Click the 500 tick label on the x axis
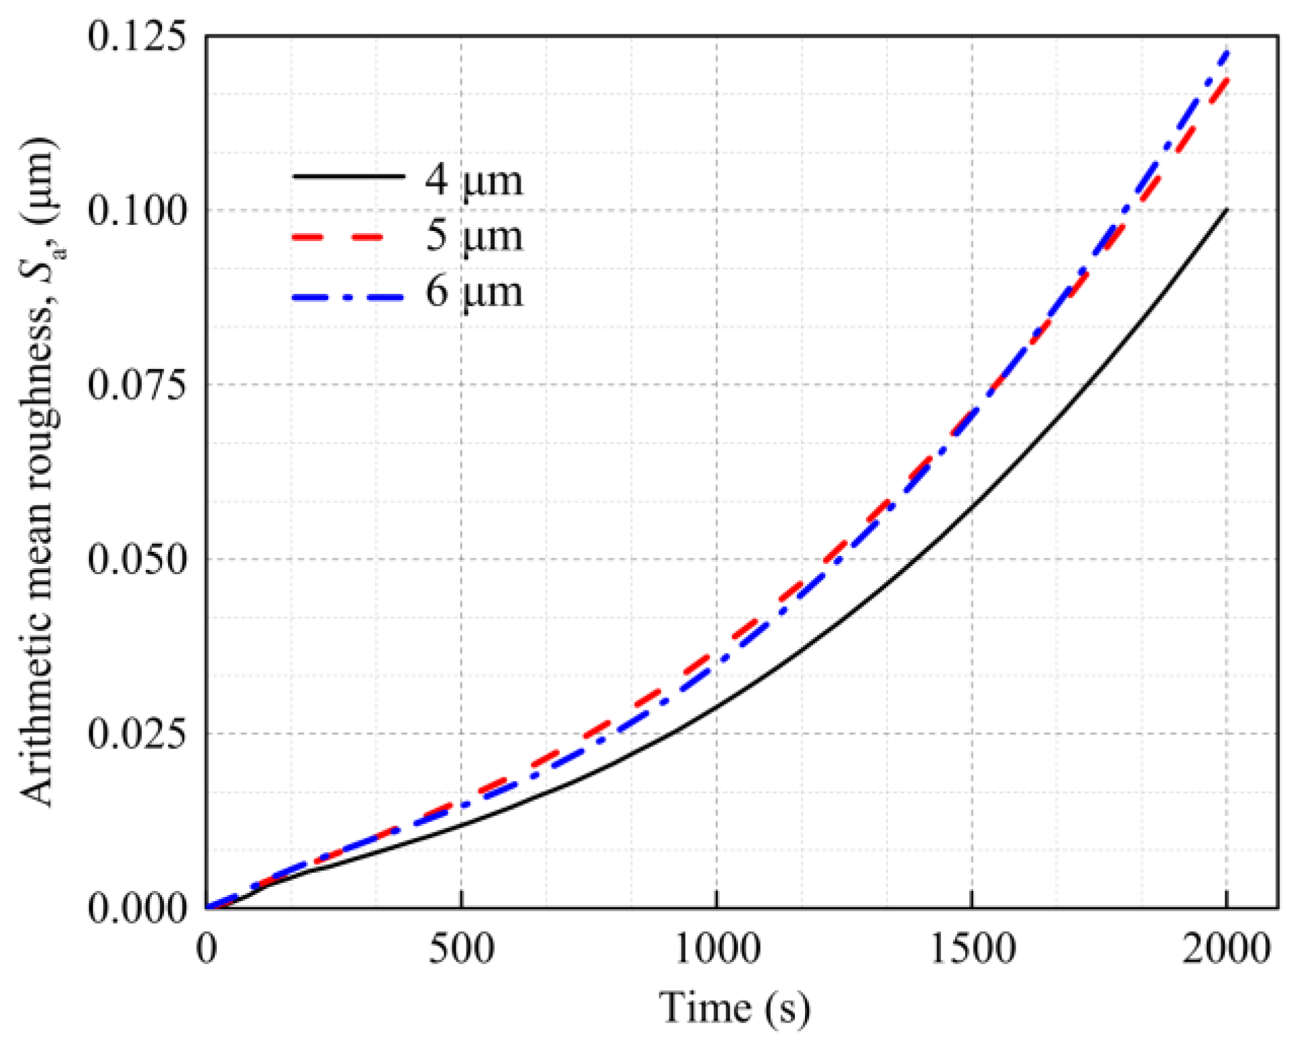tap(461, 948)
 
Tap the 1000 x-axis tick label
tap(717, 948)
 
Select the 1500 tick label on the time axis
tap(972, 948)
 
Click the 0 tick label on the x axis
tap(207, 948)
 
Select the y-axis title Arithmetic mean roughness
tap(38, 473)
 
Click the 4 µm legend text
tap(473, 180)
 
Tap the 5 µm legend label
tap(473, 236)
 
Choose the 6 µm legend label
tap(473, 292)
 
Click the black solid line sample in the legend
tap(348, 177)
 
